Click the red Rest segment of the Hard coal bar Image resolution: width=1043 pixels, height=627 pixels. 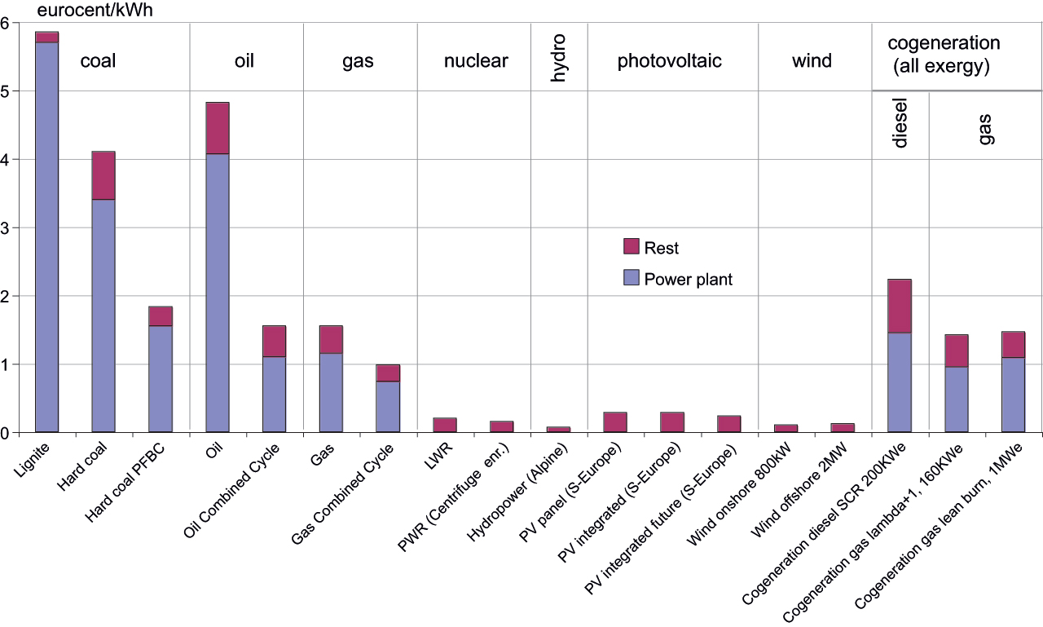103,175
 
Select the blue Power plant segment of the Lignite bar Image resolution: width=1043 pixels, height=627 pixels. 46,237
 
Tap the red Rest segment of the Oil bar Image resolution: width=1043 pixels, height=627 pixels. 218,128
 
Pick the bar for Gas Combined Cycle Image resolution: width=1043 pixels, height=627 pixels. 388,398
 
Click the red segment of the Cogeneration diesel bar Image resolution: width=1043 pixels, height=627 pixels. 900,306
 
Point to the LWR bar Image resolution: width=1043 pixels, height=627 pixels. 445,425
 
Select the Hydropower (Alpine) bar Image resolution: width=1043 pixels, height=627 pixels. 558,430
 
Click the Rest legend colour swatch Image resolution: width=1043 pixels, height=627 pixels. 631,246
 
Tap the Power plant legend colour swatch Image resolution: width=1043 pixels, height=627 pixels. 631,278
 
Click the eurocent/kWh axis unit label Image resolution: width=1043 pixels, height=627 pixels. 95,11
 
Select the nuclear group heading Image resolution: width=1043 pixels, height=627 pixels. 476,60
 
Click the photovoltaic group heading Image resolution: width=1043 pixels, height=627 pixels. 670,61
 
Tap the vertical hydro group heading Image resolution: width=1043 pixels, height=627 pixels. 558,58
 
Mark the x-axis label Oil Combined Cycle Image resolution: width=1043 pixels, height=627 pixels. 231,491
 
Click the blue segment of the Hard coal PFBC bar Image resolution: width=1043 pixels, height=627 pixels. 161,378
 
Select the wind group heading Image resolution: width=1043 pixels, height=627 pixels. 812,60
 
